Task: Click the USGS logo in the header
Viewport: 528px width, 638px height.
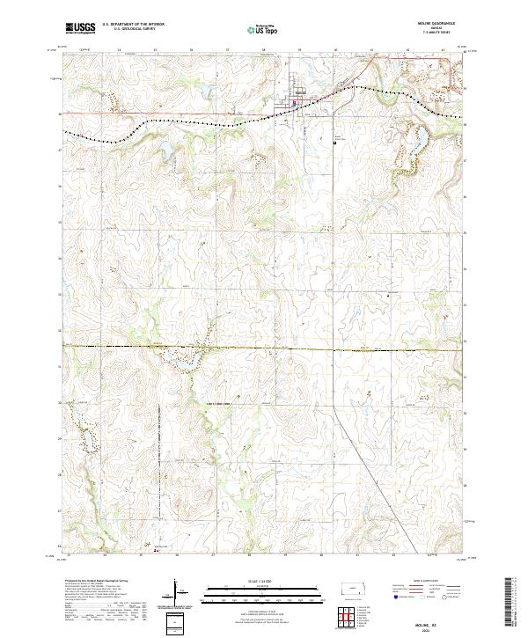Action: (80, 28)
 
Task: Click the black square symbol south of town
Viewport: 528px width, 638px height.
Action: (334, 144)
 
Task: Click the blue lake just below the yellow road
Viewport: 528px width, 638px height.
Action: (187, 359)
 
